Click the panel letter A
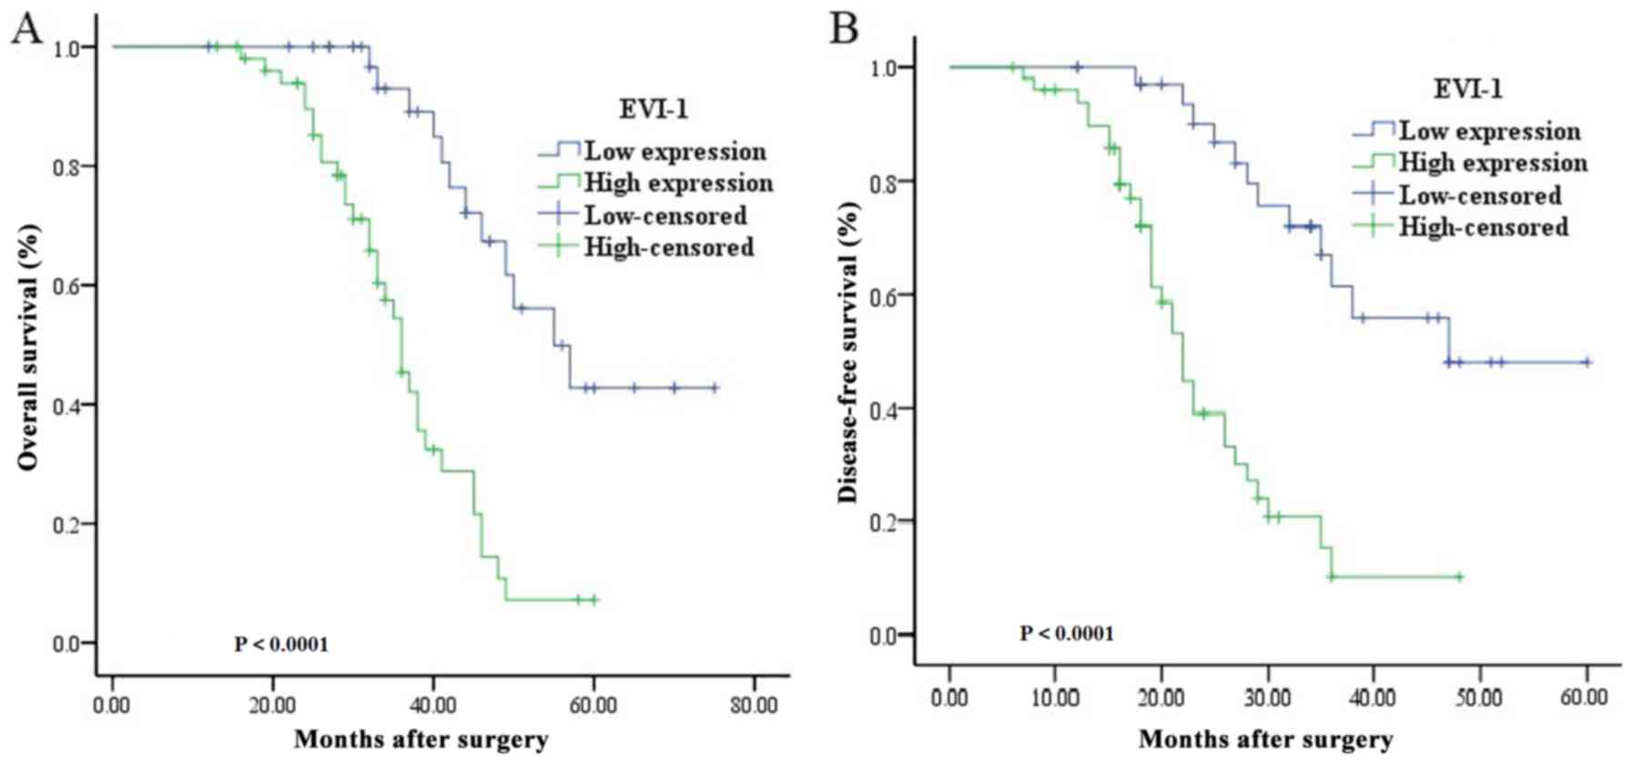(25, 29)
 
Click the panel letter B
(844, 29)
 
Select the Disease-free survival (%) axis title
(847, 351)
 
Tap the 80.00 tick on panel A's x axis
(754, 706)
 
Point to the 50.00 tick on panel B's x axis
(1479, 698)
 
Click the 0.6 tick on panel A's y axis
(68, 286)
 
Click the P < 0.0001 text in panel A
(281, 645)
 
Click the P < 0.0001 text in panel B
(1066, 633)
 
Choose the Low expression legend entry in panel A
(675, 151)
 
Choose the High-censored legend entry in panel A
(668, 247)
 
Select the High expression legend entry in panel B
(1492, 164)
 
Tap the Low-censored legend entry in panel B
(1479, 196)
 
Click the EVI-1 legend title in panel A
(653, 110)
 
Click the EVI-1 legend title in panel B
(1467, 89)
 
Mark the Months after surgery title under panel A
(421, 739)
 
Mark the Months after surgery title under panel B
(1265, 739)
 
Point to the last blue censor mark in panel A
(715, 388)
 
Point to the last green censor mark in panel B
(1458, 576)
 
